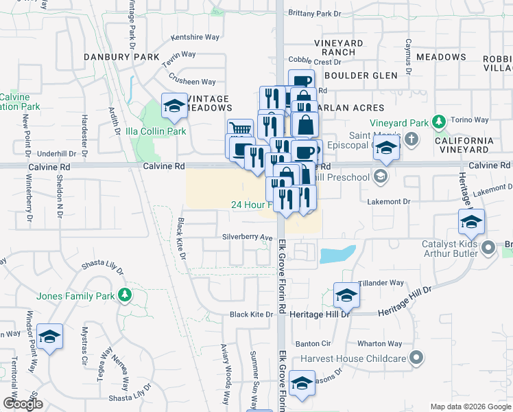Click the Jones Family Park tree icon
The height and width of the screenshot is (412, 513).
124,295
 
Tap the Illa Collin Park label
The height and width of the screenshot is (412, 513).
156,131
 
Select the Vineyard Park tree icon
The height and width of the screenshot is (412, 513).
439,123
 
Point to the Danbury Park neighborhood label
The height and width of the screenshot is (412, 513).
121,56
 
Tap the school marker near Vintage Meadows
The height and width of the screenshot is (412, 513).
174,106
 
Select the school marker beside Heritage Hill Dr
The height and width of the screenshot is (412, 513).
346,295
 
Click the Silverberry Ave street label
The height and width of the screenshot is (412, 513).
248,238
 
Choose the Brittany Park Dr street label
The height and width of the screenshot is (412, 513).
315,13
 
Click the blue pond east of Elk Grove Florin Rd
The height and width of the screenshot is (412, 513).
336,255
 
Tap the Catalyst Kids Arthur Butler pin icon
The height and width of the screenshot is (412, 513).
488,247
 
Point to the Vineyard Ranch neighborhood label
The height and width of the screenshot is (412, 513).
339,47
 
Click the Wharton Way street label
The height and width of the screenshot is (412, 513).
379,343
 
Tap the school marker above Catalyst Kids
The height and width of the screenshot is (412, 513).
471,222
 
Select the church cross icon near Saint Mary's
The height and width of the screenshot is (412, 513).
411,140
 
